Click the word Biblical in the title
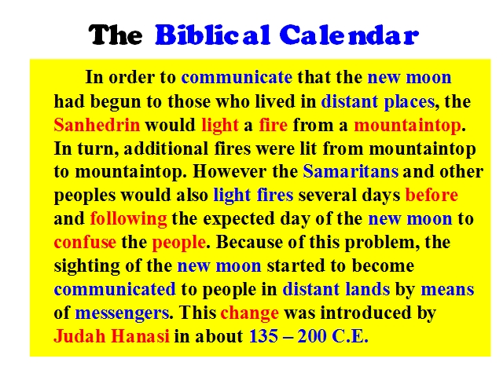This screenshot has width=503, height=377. (x=212, y=35)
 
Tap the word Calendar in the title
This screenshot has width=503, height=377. (x=349, y=35)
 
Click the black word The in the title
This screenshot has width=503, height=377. (x=116, y=35)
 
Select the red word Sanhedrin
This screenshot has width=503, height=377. (x=97, y=125)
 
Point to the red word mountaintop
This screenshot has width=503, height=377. (x=407, y=126)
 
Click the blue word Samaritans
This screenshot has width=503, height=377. (x=351, y=171)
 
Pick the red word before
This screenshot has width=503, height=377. (x=431, y=195)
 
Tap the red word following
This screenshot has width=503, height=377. (x=128, y=219)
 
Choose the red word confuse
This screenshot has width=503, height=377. (x=85, y=242)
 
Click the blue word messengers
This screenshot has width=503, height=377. (x=122, y=313)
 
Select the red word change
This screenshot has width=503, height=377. (x=250, y=313)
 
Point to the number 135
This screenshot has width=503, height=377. (x=263, y=336)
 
